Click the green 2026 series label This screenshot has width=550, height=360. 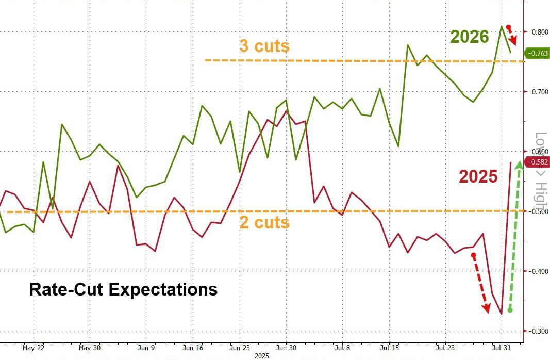[469, 37]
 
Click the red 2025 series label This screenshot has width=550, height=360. [478, 177]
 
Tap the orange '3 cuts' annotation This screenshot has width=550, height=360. [264, 46]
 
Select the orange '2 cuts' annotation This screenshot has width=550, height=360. [264, 222]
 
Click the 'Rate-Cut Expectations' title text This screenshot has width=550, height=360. [123, 289]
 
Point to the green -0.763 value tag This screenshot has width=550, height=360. [536, 53]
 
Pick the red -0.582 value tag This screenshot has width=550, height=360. [536, 162]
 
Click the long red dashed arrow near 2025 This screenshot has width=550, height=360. [480, 284]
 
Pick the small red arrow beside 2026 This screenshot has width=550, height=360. [512, 35]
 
